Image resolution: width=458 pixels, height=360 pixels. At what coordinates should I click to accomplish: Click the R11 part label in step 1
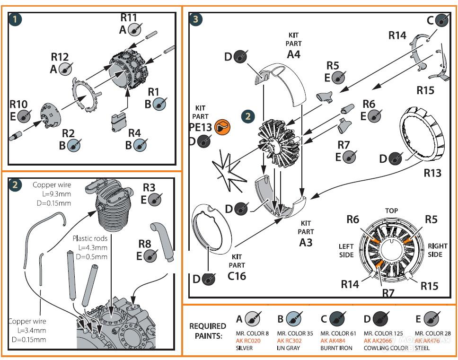[x=129, y=18]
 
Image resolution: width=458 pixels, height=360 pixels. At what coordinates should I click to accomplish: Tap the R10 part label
[x=18, y=104]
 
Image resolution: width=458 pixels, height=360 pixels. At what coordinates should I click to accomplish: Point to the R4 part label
[x=134, y=133]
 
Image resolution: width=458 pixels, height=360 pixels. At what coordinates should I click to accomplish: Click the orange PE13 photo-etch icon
[x=220, y=126]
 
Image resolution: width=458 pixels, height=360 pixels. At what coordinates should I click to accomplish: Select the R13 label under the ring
[x=432, y=173]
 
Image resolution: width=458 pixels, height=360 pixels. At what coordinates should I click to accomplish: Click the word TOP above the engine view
[x=391, y=211]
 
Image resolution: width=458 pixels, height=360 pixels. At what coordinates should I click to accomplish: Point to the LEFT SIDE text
[x=346, y=250]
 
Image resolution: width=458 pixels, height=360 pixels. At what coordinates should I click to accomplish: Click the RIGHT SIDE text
[x=437, y=250]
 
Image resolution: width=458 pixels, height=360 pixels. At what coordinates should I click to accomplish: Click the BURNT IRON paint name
[x=336, y=348]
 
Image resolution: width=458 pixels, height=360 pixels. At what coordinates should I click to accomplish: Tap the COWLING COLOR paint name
[x=386, y=348]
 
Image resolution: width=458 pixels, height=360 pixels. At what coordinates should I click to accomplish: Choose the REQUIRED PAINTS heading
[x=208, y=331]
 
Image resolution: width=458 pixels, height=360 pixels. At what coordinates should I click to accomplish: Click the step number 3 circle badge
[x=196, y=19]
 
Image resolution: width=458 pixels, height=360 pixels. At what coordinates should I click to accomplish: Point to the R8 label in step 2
[x=145, y=244]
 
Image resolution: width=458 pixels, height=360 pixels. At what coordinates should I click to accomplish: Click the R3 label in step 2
[x=149, y=187]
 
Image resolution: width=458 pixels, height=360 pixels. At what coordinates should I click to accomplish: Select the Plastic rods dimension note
[x=90, y=247]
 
